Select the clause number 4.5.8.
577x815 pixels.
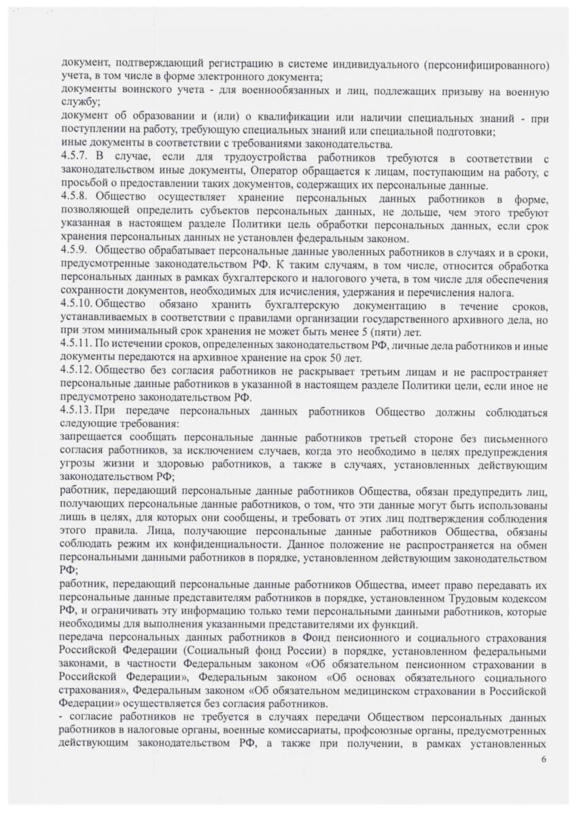[73, 196]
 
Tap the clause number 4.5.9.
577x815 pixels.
[73, 253]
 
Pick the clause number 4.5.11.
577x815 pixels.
[76, 346]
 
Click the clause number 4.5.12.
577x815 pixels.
[76, 374]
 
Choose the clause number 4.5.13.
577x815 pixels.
[76, 411]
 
